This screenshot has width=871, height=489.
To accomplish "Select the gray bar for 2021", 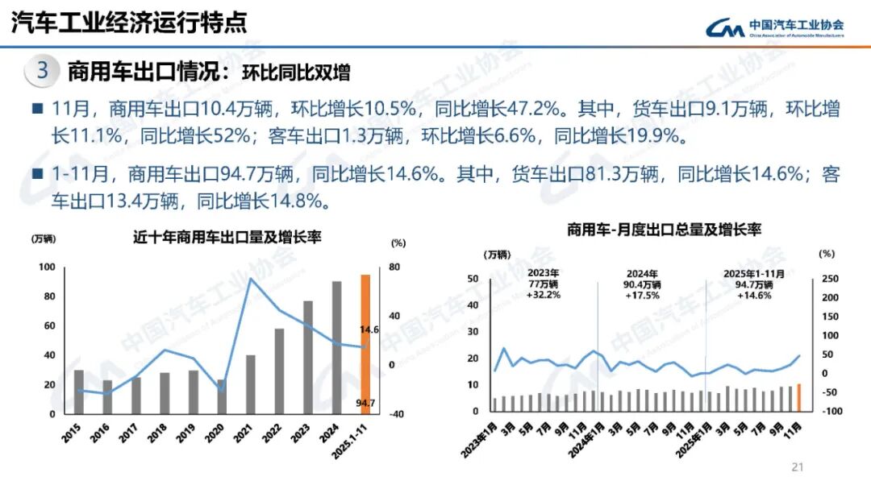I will (250, 384).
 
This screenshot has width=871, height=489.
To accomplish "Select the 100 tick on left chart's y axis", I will (47, 267).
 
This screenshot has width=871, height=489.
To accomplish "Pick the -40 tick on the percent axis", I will (397, 414).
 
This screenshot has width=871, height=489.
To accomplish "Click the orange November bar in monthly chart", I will (798, 397).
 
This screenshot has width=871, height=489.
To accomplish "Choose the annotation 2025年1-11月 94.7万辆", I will (754, 284).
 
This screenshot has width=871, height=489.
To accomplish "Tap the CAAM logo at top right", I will (775, 28).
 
